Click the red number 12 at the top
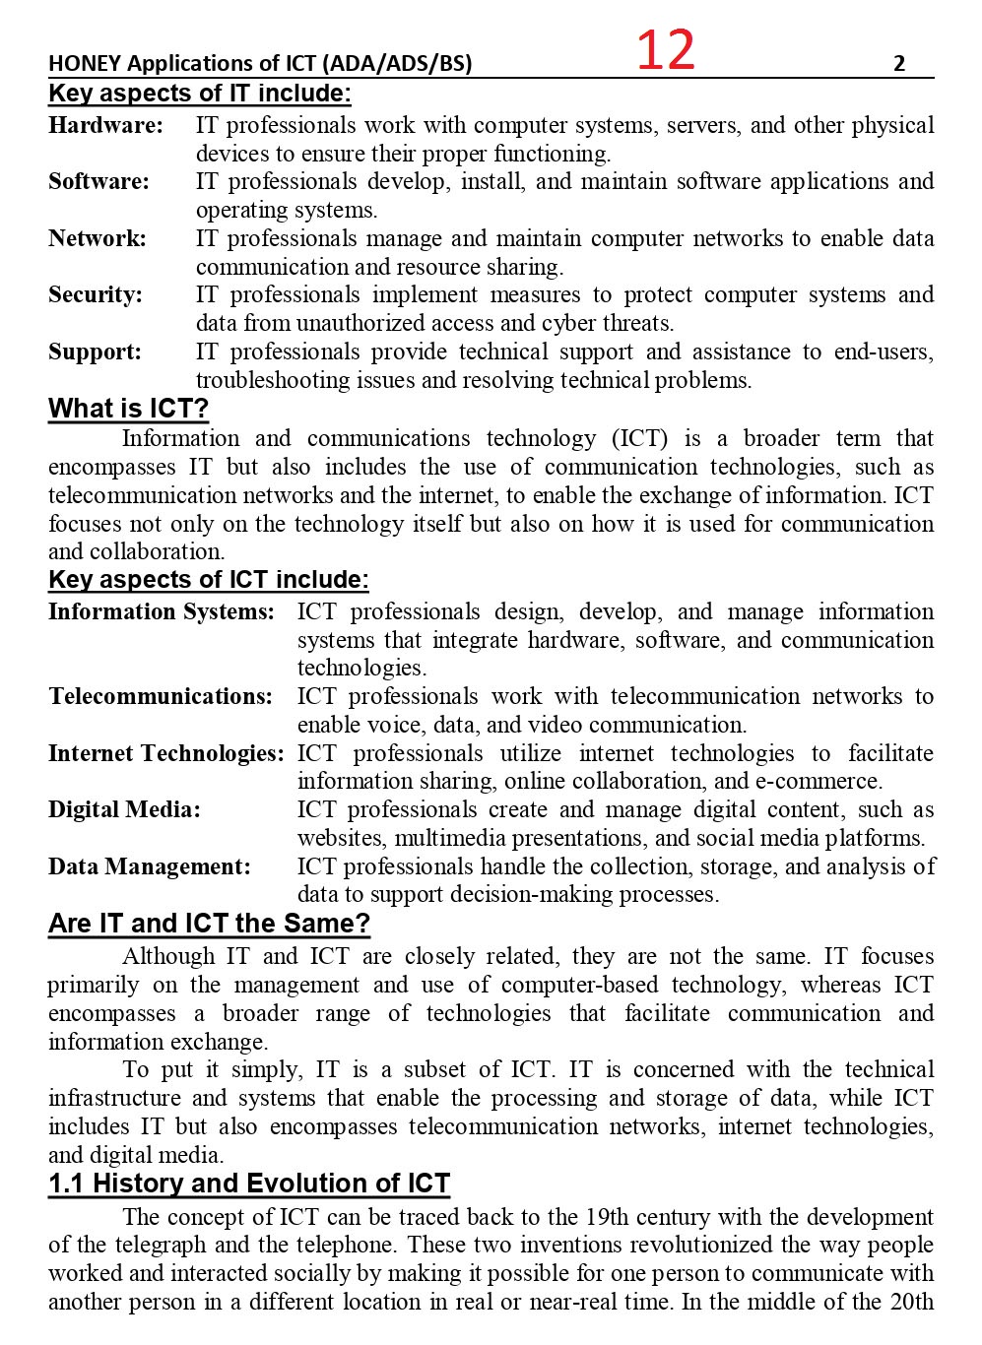coord(666,50)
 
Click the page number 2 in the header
coord(898,64)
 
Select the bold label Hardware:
coord(105,126)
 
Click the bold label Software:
coord(98,182)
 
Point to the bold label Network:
coord(97,238)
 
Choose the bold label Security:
coord(96,295)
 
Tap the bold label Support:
coord(95,352)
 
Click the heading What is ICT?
coord(129,410)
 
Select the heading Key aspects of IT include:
coord(200,94)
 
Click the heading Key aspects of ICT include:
coord(209,580)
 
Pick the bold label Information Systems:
coord(162,612)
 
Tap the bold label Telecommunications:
coord(161,697)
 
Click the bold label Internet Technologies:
coord(166,754)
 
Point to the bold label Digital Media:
coord(124,810)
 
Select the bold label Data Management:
coord(150,867)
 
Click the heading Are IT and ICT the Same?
coord(210,925)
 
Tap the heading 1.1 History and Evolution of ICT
coord(249,1184)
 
